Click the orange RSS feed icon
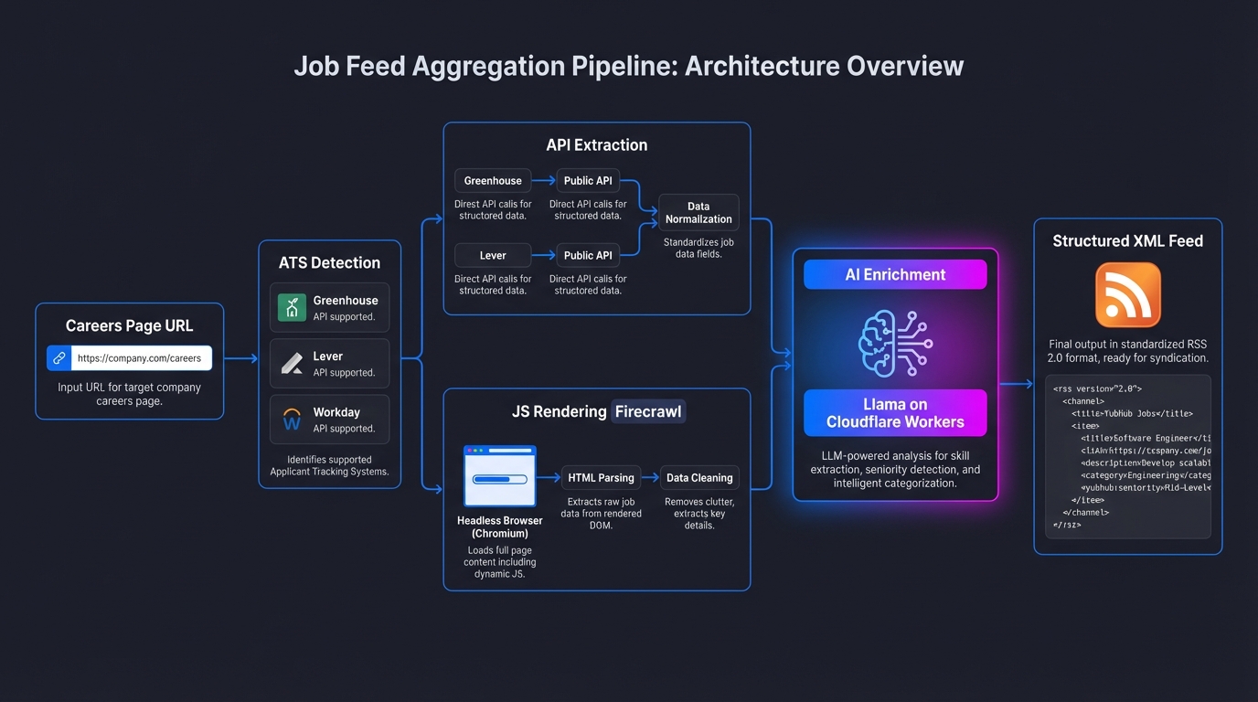[1127, 295]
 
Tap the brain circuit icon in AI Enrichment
[895, 343]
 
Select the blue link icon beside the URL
[59, 358]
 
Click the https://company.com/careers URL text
[139, 358]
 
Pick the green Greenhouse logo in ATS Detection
[292, 307]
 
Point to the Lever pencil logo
[292, 363]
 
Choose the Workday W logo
[292, 420]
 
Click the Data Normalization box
[698, 213]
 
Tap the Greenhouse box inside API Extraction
[493, 181]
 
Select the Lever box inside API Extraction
[493, 255]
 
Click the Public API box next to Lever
[588, 255]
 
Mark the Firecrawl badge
[647, 411]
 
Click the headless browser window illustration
[500, 476]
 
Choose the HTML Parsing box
[601, 477]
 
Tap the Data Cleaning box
[699, 477]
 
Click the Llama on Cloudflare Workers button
[895, 413]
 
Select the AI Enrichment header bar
[895, 274]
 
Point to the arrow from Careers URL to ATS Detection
[241, 359]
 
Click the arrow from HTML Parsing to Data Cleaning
[650, 477]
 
